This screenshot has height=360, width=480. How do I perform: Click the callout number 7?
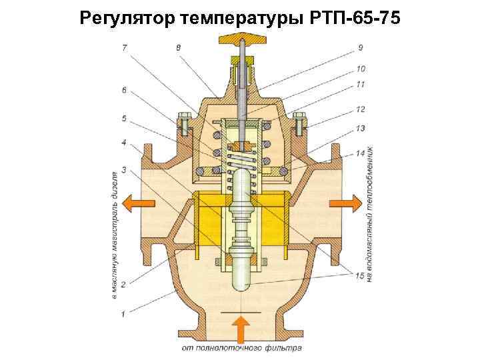[125, 48]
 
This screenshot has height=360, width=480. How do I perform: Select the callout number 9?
[360, 48]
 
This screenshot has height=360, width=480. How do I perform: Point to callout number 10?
[360, 68]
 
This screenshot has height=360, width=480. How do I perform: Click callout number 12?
[360, 109]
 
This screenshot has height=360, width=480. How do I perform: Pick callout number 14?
[360, 153]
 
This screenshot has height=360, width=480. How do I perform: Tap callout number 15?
[360, 275]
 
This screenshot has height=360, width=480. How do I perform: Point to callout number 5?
[124, 119]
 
